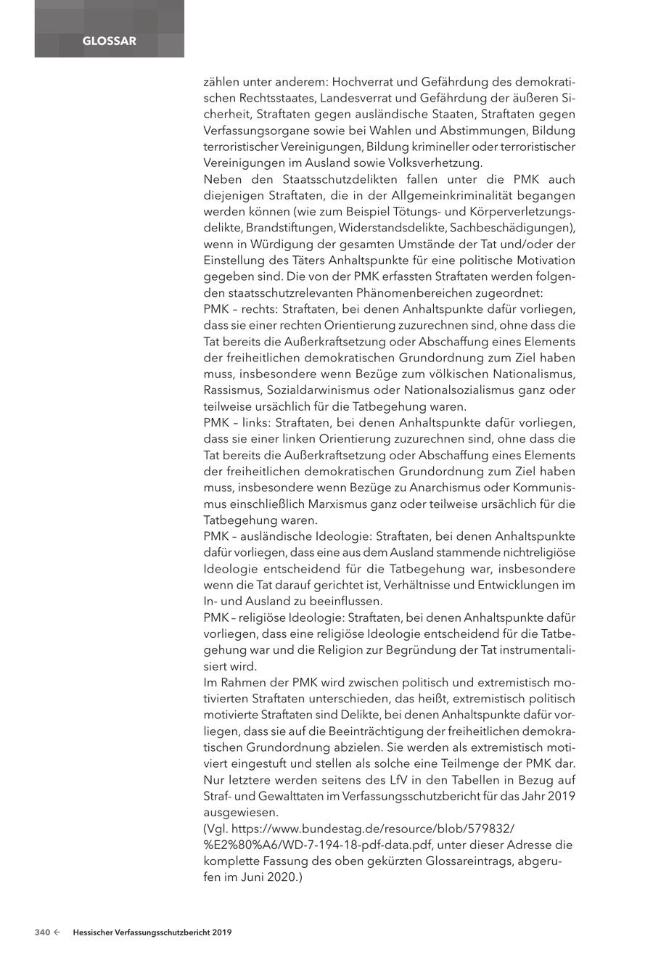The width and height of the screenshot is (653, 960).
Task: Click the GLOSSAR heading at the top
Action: [x=109, y=41]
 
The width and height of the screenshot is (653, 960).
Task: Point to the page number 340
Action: [x=42, y=932]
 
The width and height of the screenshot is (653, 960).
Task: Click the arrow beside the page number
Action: [x=57, y=932]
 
